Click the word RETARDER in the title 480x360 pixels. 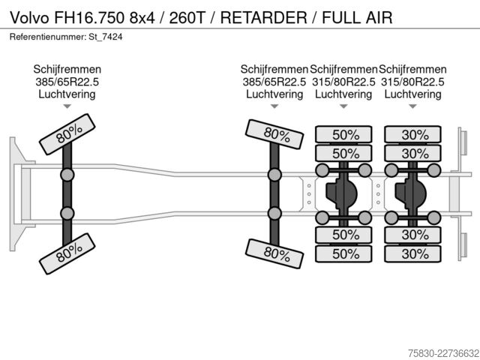pos(263,17)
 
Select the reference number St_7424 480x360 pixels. pos(106,37)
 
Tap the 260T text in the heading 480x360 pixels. pos(187,17)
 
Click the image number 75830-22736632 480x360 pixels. pos(443,353)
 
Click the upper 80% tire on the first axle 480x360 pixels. pos(67,134)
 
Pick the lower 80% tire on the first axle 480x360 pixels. pos(67,253)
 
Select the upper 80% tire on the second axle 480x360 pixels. pos(274,134)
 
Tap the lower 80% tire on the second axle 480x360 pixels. pos(274,253)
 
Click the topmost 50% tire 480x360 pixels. pos(343,134)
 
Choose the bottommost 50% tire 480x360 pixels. pos(343,253)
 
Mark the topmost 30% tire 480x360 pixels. pos(413,134)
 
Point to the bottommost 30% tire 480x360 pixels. pos(413,253)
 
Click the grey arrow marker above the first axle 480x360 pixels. pos(67,106)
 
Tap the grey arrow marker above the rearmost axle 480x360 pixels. pos(413,106)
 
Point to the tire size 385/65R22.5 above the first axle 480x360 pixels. pos(67,82)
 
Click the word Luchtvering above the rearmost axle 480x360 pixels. pos(413,94)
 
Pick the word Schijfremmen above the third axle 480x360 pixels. pos(343,70)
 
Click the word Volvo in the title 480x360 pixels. pos(30,17)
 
